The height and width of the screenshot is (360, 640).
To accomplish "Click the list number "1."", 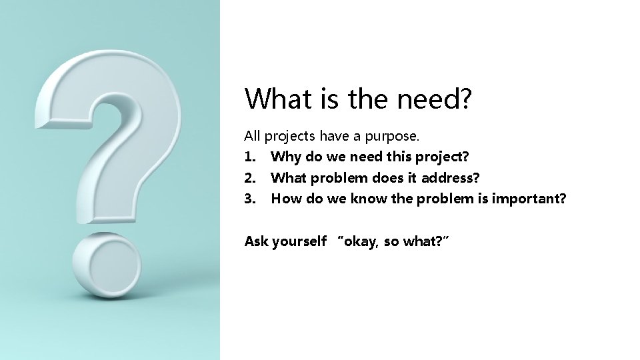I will click(250, 157).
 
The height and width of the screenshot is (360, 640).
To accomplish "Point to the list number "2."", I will click(250, 178).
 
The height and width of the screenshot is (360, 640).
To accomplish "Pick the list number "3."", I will click(250, 199).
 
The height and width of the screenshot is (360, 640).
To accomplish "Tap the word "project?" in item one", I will click(443, 157).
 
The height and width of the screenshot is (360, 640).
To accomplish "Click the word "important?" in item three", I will click(529, 199).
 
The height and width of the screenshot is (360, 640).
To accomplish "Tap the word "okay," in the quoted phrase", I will click(360, 241).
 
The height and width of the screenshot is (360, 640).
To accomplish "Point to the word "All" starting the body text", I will click(252, 137).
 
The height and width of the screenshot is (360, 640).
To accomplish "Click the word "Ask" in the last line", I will click(255, 241).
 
